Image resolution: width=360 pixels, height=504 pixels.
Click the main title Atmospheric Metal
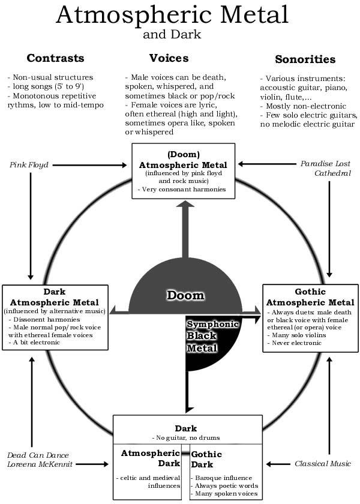click(x=172, y=15)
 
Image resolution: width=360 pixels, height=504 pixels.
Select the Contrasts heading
click(x=55, y=58)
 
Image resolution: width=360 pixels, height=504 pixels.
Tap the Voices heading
click(x=169, y=58)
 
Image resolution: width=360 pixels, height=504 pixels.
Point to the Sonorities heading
click(x=305, y=59)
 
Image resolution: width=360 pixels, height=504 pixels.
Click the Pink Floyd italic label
click(x=29, y=165)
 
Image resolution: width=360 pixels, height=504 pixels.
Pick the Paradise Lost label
click(x=325, y=164)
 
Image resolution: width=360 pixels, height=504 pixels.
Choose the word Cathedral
click(x=332, y=173)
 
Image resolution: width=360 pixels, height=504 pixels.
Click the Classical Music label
click(x=323, y=463)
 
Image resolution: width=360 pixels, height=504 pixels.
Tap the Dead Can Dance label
click(x=38, y=455)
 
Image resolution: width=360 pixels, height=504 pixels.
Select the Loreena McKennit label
click(x=40, y=464)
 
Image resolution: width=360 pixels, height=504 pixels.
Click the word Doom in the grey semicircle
click(x=185, y=295)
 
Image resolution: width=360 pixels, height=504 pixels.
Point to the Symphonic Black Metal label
click(x=212, y=336)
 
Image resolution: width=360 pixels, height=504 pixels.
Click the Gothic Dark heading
click(x=206, y=460)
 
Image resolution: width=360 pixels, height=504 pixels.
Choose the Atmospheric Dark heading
click(x=151, y=458)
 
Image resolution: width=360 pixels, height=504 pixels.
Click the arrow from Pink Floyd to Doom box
click(x=90, y=165)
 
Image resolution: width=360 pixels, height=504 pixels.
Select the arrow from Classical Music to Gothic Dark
click(x=278, y=464)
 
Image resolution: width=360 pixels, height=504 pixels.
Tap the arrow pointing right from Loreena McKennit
click(x=92, y=464)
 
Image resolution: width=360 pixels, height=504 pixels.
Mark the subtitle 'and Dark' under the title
click(x=172, y=34)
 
